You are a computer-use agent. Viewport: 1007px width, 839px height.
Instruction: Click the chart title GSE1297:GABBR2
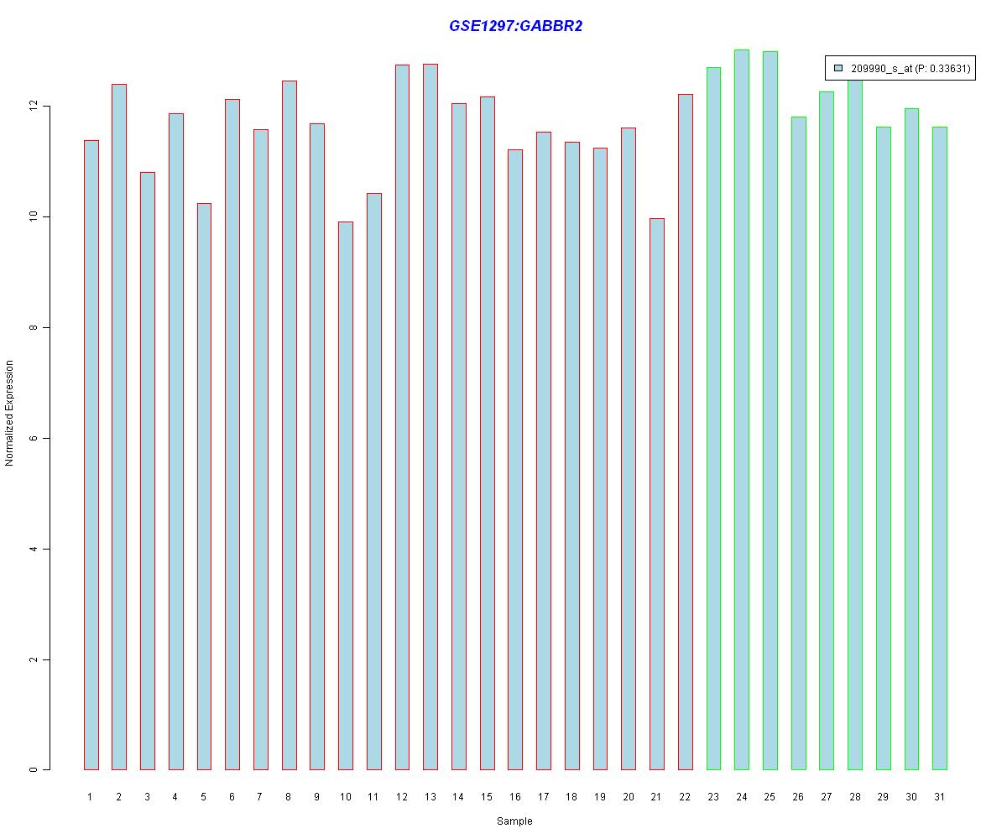(x=515, y=26)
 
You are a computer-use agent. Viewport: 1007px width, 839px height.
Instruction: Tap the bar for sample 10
(x=345, y=495)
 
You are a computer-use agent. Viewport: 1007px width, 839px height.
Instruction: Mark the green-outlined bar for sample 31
(x=939, y=448)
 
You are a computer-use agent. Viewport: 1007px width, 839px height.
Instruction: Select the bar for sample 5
(x=204, y=486)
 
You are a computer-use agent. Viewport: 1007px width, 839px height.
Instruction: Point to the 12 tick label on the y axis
(x=34, y=107)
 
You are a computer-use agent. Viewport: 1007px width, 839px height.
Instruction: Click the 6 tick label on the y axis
(x=34, y=438)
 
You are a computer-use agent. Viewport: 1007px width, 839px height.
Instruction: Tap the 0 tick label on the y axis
(x=34, y=769)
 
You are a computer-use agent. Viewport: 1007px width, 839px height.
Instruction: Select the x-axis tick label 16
(x=514, y=797)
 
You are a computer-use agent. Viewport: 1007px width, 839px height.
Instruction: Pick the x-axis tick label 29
(x=883, y=797)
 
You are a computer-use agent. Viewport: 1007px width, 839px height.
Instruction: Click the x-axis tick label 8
(x=289, y=797)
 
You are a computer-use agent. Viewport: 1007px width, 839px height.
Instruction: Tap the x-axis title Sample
(x=514, y=821)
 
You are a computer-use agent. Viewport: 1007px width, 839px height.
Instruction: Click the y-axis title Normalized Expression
(x=10, y=413)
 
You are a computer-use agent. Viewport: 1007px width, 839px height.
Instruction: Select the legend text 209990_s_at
(x=880, y=69)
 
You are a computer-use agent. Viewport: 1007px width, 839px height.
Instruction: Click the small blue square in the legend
(x=838, y=68)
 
